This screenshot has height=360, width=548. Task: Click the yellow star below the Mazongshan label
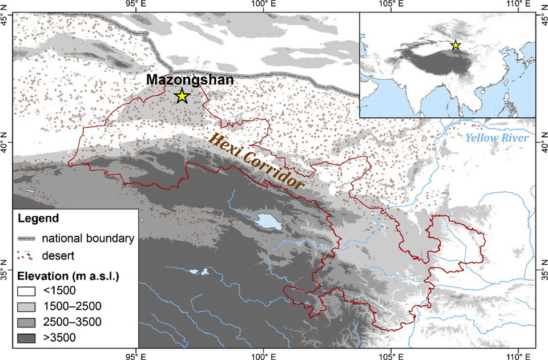coord(182,96)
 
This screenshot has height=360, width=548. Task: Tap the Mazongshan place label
coord(189,80)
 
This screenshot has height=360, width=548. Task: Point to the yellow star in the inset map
coord(456,45)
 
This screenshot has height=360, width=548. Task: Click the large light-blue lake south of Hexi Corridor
coord(268,221)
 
